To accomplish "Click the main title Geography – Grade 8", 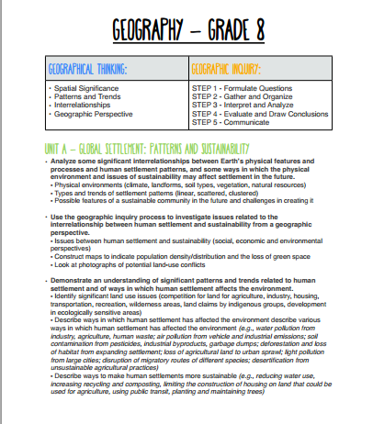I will (x=186, y=30).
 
